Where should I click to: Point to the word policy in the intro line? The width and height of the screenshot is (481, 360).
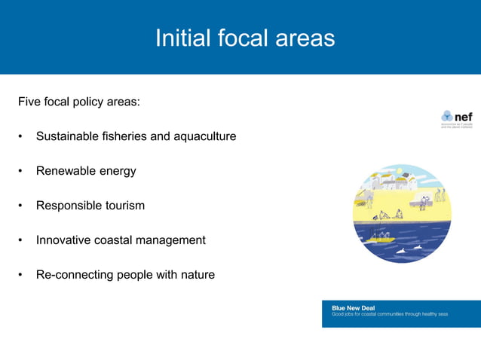pos(91,102)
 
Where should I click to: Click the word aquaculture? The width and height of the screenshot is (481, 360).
pos(204,136)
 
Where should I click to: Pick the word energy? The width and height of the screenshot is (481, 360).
pos(116,172)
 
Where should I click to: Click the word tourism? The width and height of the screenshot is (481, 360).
pos(124,206)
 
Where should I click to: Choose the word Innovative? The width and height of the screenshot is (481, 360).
pos(63,240)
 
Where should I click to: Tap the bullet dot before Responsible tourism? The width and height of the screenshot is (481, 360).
pos(21,206)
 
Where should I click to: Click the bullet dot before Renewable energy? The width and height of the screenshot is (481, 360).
pos(21,171)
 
